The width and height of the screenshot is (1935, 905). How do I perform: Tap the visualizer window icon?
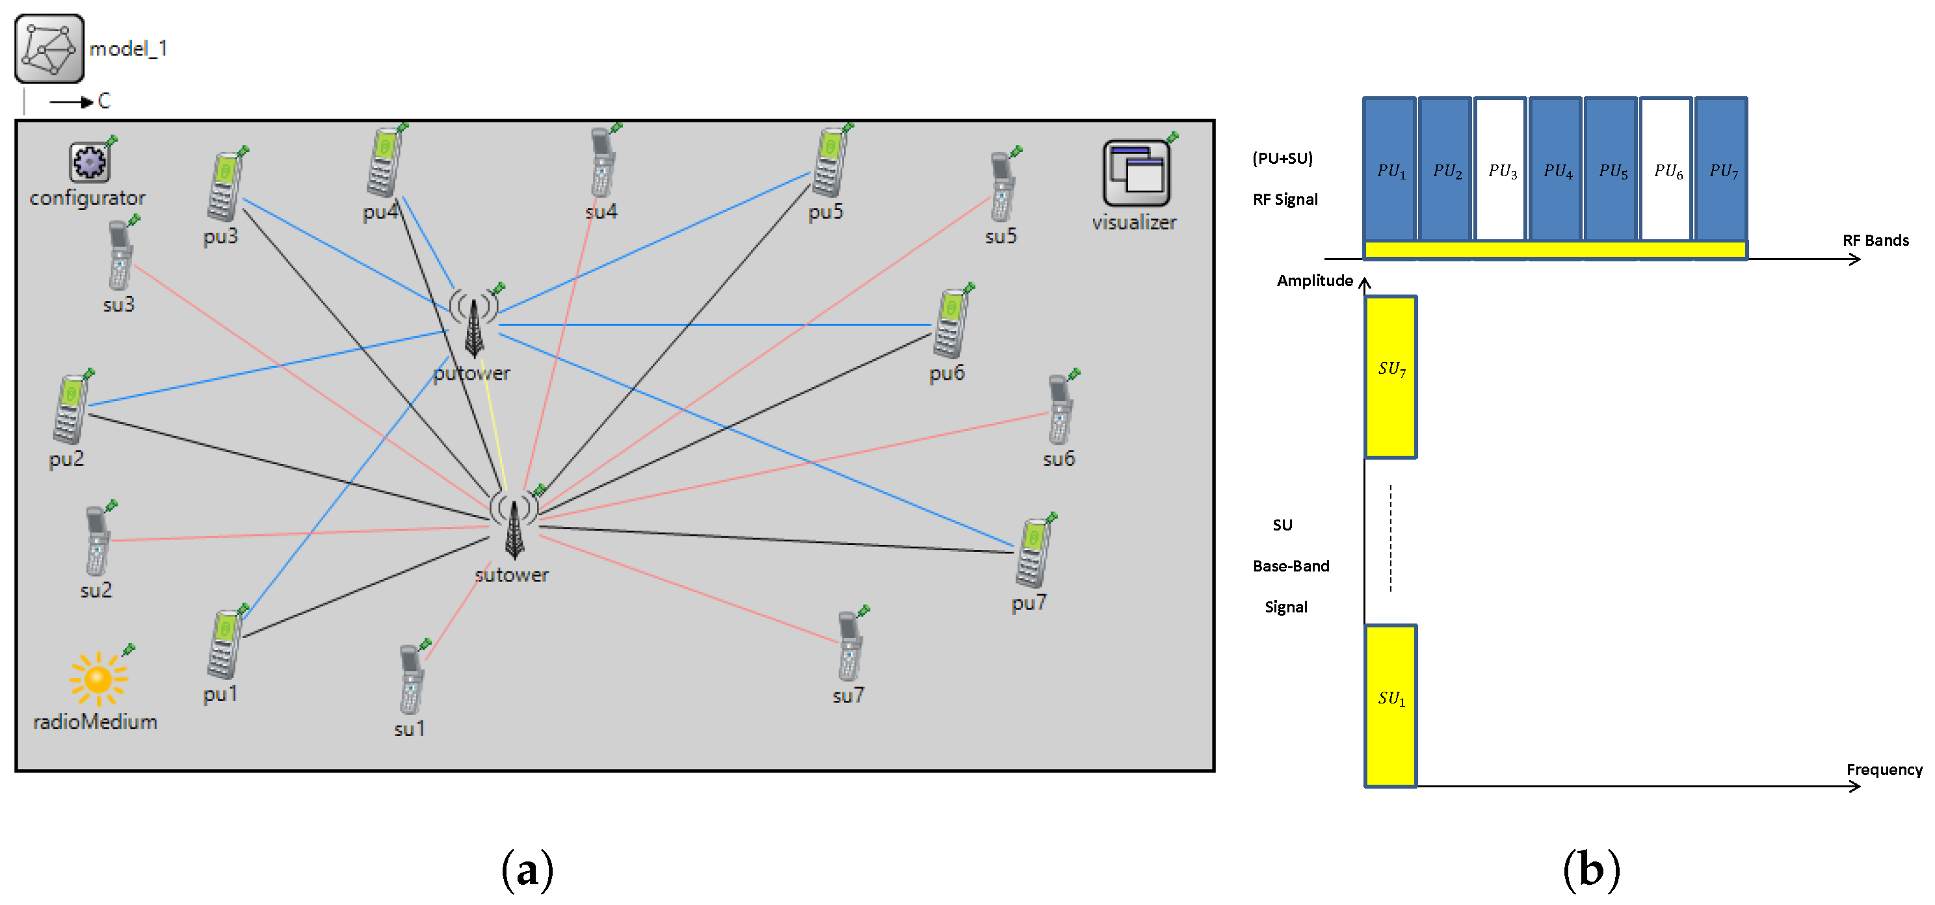(x=1136, y=173)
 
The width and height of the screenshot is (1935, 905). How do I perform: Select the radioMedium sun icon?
(x=98, y=679)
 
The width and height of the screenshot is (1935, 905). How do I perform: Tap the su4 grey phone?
(x=603, y=163)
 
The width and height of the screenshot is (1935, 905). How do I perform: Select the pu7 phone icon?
(x=1034, y=553)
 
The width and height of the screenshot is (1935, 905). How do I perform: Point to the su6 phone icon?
(x=1060, y=410)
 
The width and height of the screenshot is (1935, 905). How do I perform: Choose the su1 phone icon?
(x=411, y=679)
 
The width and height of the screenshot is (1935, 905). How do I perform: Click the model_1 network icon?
(x=49, y=49)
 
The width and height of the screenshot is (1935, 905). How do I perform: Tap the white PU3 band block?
(x=1500, y=170)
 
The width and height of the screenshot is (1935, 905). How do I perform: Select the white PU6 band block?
(x=1666, y=170)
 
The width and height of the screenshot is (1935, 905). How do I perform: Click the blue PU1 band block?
(x=1389, y=170)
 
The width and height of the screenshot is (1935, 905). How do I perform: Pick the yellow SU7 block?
(x=1390, y=377)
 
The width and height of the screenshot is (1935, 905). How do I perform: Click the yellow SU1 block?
(x=1390, y=705)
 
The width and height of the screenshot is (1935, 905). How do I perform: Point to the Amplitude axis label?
(x=1315, y=281)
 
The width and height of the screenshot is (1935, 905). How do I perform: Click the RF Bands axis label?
(x=1875, y=241)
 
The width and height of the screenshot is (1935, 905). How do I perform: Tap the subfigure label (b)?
(x=1590, y=871)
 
